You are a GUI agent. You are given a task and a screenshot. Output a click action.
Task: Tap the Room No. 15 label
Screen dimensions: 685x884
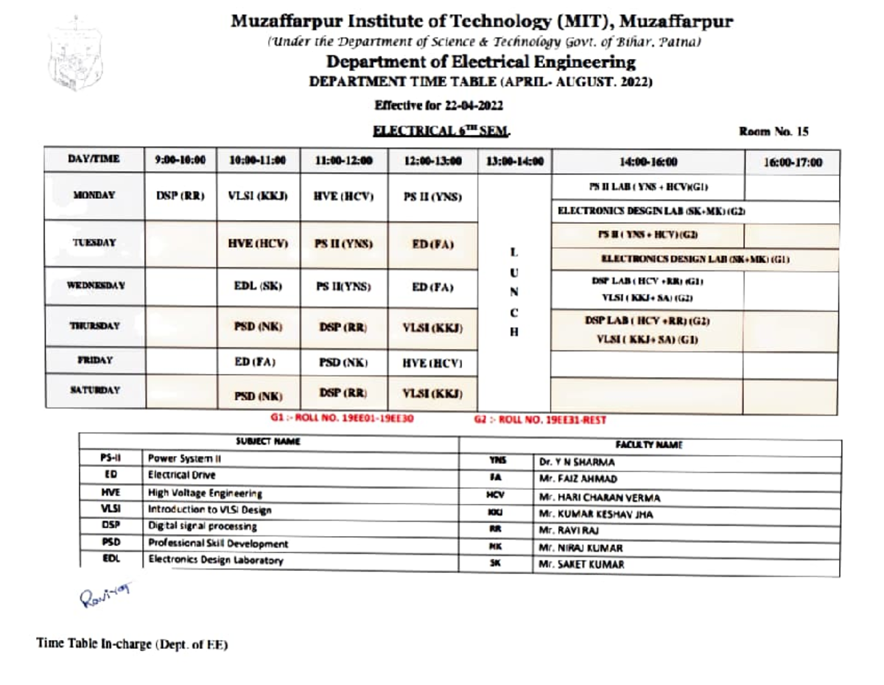pos(773,132)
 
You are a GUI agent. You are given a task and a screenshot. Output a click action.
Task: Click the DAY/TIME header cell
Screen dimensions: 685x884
pos(94,159)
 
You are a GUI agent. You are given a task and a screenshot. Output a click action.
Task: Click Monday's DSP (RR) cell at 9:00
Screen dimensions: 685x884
pos(180,197)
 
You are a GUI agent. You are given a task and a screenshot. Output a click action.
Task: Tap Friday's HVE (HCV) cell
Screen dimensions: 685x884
pos(432,363)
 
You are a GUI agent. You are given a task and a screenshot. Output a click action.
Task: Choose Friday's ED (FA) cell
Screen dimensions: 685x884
pos(259,362)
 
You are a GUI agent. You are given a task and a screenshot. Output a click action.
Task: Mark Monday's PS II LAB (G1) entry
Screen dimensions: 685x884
pos(648,187)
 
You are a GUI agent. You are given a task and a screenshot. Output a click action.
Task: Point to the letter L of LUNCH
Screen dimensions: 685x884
pos(514,252)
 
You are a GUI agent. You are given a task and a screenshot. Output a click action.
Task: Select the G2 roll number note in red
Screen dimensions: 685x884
pos(541,420)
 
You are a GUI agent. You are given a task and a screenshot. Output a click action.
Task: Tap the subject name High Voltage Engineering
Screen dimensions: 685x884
pos(205,493)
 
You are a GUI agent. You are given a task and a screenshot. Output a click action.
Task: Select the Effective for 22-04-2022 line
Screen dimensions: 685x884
pos(439,105)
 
